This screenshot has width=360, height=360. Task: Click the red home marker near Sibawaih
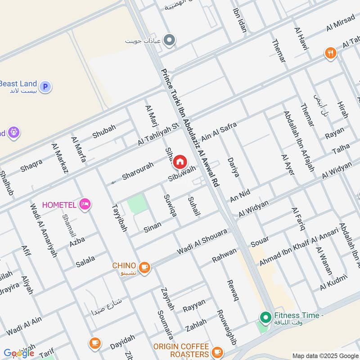tap(180, 162)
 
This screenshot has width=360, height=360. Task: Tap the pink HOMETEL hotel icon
tap(84, 205)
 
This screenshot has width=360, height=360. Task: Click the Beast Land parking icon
tap(45, 86)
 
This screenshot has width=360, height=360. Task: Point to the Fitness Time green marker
tap(265, 317)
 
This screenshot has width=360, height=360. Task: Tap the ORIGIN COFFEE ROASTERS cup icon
tap(217, 351)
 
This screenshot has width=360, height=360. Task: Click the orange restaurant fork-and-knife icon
tap(331, 53)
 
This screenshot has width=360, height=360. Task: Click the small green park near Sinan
tap(137, 204)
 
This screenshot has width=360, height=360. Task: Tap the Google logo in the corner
tap(19, 353)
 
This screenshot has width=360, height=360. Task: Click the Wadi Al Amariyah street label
tap(43, 230)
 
